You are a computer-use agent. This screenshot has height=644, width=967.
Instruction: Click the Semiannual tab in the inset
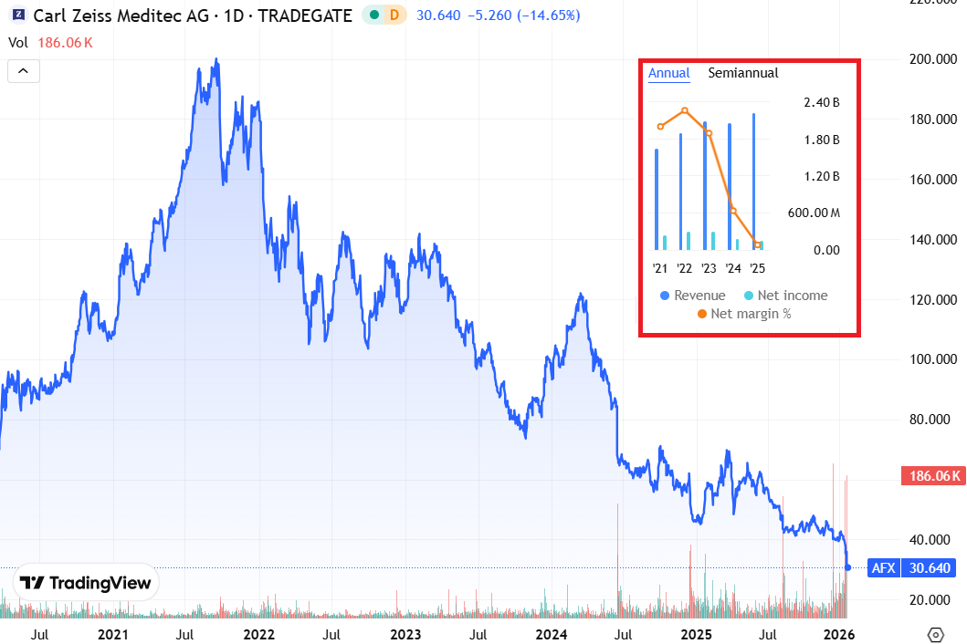743,73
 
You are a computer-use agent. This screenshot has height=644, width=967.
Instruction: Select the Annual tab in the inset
668,73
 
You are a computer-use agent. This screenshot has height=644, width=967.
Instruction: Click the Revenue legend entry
693,296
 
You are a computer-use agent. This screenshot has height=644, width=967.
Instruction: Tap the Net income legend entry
786,296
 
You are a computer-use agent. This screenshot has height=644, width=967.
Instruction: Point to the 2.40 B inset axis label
821,102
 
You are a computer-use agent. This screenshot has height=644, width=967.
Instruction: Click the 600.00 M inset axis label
815,213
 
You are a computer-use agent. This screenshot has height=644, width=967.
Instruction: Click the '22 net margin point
685,111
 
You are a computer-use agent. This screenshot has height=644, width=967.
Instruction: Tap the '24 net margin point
733,211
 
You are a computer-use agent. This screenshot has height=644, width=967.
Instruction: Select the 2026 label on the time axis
839,634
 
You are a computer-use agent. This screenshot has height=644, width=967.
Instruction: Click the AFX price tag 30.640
930,568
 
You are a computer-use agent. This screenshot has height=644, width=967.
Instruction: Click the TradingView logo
88,584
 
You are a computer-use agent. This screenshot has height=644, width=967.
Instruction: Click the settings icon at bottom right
935,634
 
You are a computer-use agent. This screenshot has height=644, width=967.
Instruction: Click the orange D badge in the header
394,16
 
